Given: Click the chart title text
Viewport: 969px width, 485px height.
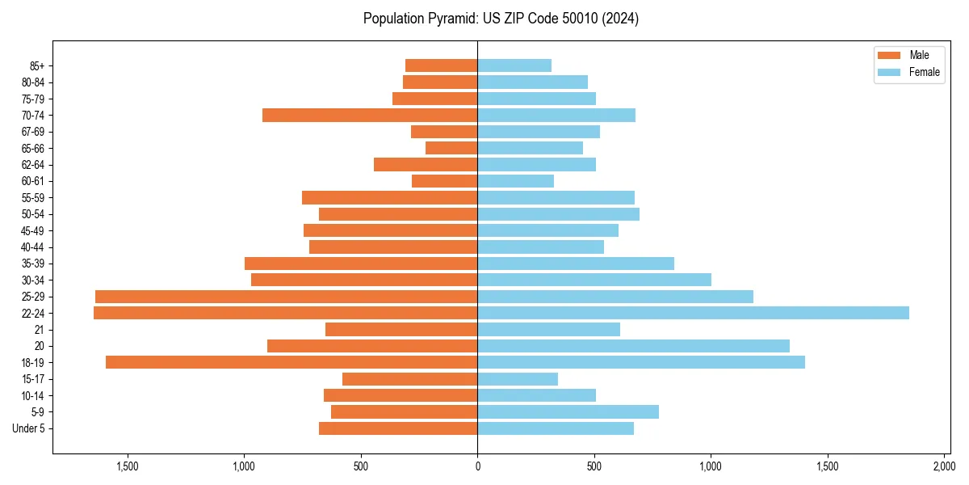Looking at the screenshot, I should click(501, 19).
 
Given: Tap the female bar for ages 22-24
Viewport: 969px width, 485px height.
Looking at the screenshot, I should click(693, 313).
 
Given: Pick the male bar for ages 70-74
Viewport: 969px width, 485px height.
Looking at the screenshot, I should click(370, 116).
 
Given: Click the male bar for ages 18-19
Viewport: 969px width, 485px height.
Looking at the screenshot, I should click(292, 362).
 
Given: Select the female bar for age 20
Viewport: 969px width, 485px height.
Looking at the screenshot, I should click(633, 346).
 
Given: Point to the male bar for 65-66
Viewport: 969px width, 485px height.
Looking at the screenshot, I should click(451, 148).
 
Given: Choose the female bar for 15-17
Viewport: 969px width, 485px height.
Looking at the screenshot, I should click(518, 379).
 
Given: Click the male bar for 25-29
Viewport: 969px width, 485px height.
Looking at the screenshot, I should click(286, 297).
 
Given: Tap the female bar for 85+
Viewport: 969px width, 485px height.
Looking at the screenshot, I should click(514, 65).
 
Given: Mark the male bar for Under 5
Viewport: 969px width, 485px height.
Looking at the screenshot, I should click(398, 428).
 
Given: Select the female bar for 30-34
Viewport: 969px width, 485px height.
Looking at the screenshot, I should click(594, 280).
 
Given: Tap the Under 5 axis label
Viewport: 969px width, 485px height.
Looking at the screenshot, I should click(29, 428).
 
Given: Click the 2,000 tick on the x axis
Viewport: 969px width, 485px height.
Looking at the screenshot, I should click(944, 466).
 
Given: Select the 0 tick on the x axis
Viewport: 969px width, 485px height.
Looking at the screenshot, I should click(477, 466).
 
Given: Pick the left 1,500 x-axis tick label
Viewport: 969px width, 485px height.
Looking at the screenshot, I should click(128, 466).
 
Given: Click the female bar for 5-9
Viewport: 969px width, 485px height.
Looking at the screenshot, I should click(568, 412).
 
